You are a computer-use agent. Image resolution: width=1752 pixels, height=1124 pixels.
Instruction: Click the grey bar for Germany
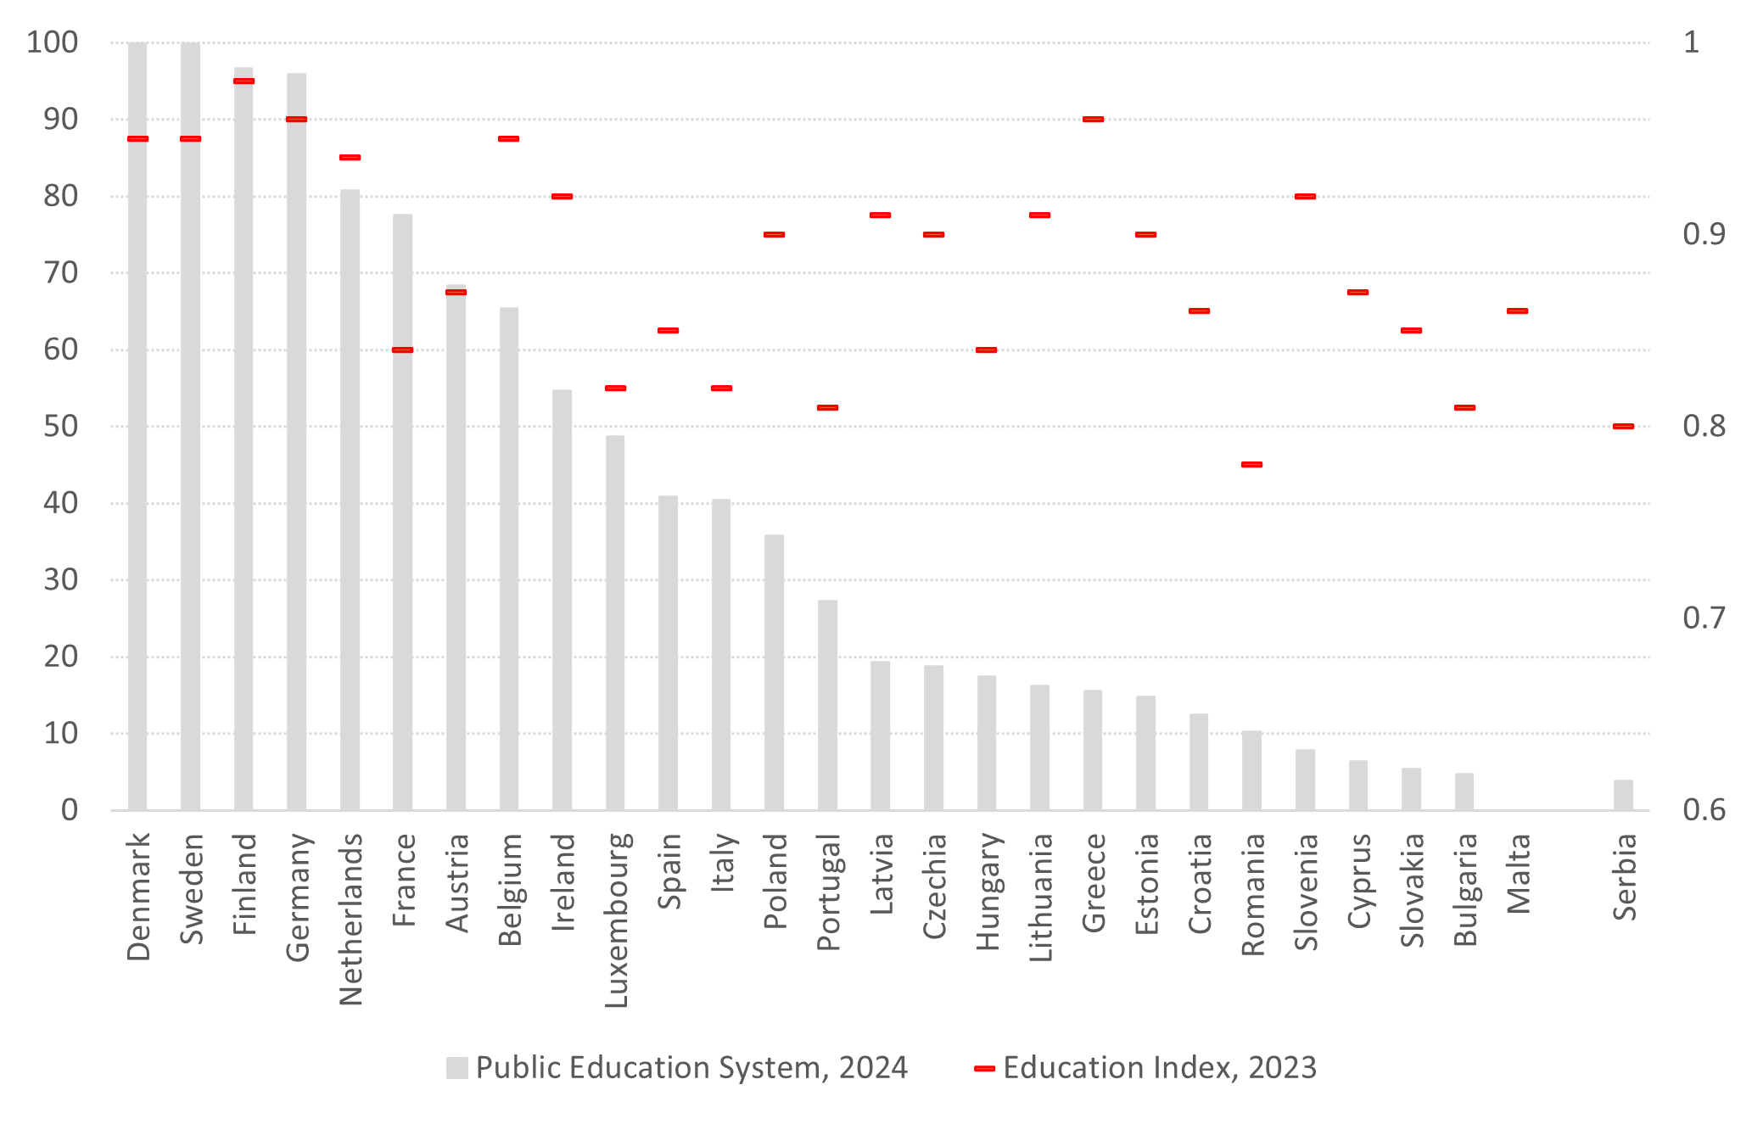click(x=296, y=441)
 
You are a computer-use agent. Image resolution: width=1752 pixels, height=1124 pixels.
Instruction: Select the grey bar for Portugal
click(x=827, y=705)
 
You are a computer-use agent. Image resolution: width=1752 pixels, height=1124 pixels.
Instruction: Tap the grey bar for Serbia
click(x=1623, y=795)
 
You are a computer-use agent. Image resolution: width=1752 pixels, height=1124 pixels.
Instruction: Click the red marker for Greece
click(x=1093, y=120)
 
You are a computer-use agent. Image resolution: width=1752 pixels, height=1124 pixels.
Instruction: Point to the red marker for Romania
click(x=1251, y=465)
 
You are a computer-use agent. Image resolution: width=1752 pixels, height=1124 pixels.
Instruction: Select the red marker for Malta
click(x=1517, y=311)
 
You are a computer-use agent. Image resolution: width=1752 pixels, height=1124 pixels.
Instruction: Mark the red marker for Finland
click(x=243, y=81)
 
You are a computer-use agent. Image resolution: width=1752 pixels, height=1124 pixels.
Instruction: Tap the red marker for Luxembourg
click(x=615, y=389)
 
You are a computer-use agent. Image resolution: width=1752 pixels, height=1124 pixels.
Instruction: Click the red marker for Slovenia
click(x=1305, y=197)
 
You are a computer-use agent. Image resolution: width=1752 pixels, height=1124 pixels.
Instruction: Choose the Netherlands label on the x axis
click(x=351, y=919)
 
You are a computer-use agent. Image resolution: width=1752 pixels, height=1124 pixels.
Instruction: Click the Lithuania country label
click(x=1041, y=898)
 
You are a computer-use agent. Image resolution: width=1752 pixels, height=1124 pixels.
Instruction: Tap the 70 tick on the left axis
click(x=60, y=273)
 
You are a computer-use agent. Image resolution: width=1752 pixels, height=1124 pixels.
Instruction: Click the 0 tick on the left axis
click(x=70, y=810)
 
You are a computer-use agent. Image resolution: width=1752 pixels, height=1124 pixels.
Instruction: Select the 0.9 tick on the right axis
click(x=1703, y=234)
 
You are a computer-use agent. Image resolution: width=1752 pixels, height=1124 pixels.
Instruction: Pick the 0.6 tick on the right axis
click(x=1703, y=810)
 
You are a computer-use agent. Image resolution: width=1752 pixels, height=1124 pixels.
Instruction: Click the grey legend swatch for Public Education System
click(x=457, y=1068)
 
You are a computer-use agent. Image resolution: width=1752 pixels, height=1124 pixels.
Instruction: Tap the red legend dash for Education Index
click(x=984, y=1068)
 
